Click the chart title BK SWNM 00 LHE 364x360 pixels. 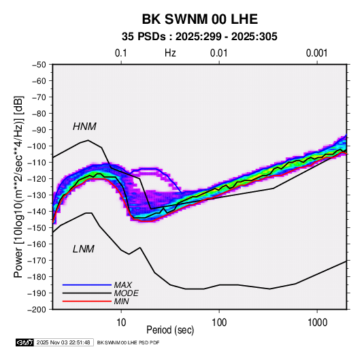199,19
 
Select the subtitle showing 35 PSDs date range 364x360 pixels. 199,37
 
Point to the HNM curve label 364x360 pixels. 84,127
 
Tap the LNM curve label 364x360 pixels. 84,249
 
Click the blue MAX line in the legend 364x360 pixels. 87,284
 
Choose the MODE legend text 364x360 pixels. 127,293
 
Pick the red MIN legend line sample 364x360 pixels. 87,301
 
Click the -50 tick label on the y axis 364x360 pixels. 39,65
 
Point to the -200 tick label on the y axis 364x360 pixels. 37,310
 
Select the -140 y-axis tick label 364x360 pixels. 37,212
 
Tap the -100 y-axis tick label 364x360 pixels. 37,146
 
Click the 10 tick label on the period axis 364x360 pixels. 121,323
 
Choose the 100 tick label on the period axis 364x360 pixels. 219,323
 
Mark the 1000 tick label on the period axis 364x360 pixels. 317,323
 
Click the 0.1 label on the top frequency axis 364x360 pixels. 121,53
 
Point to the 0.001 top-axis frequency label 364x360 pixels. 317,53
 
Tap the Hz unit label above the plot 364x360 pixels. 170,53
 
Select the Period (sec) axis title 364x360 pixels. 170,330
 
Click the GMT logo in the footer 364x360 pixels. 25,342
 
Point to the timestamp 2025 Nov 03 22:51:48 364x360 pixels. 63,342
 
